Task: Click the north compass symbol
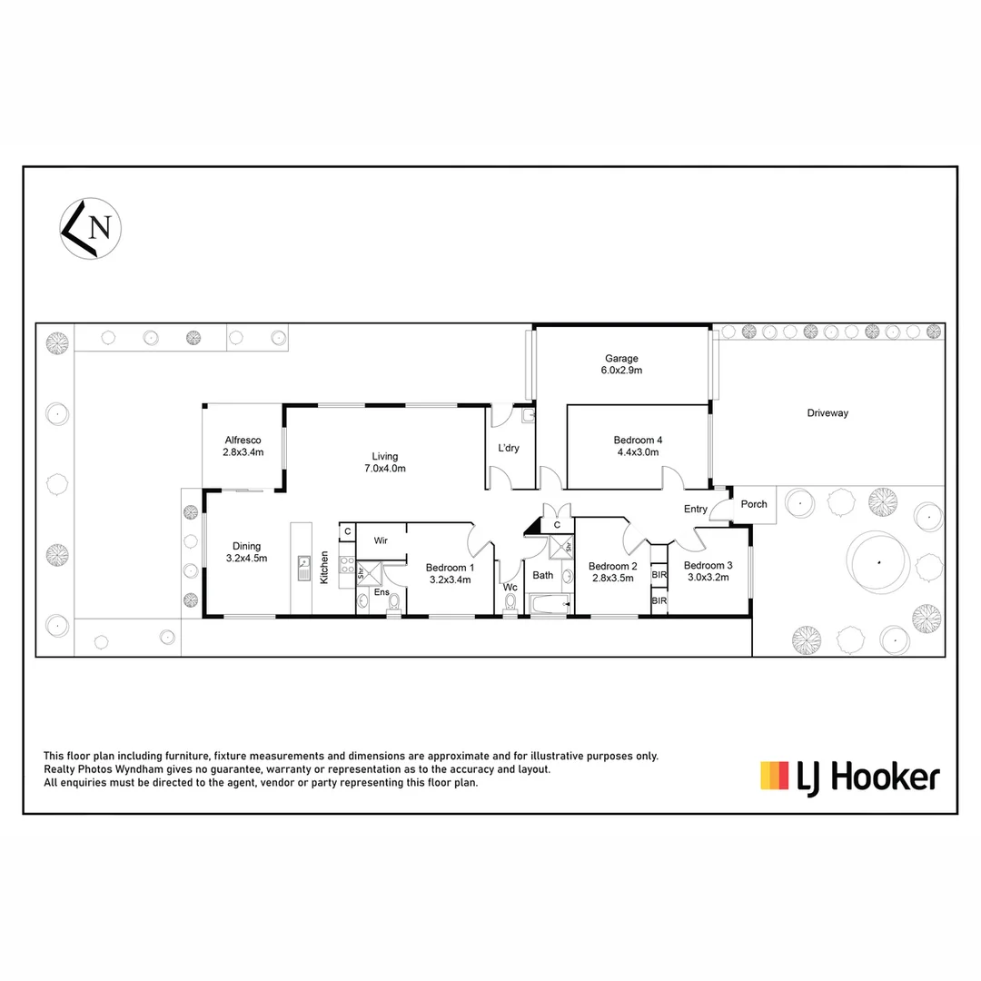tap(91, 227)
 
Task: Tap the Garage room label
tap(623, 364)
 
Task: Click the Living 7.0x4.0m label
tap(384, 462)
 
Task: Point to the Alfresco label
tap(243, 445)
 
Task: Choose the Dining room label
tap(246, 552)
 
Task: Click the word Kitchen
tap(324, 567)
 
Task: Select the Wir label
tap(381, 540)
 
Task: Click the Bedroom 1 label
tap(450, 572)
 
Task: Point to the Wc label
tap(510, 587)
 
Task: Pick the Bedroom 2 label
tap(612, 571)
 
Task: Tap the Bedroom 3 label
tap(708, 570)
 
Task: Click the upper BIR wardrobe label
tap(659, 575)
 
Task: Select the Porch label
tap(754, 504)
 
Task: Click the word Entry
tap(696, 509)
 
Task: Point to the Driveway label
tap(827, 413)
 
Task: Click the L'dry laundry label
tap(508, 448)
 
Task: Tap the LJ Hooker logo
tap(849, 777)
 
